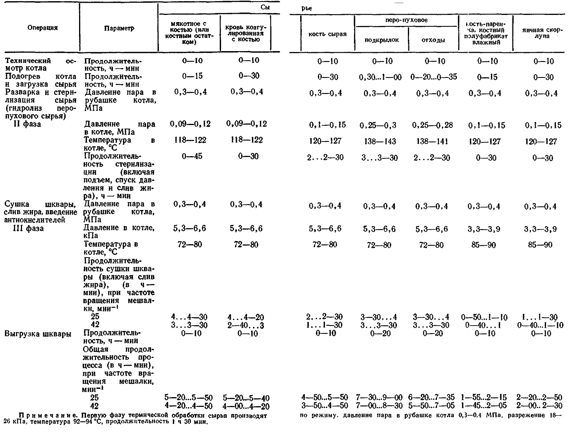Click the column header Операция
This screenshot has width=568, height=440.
42,28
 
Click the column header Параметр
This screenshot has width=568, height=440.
119,28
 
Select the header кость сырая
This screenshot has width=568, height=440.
327,34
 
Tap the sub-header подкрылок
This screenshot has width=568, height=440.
382,40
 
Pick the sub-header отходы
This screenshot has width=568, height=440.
433,40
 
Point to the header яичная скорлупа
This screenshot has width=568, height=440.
542,33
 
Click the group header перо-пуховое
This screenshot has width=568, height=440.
406,20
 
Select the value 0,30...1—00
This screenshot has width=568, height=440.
380,77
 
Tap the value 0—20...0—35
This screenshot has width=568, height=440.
433,77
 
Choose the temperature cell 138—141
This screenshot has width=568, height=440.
432,141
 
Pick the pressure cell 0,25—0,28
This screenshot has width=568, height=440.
432,125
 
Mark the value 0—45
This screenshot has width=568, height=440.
192,156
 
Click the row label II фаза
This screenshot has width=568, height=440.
27,124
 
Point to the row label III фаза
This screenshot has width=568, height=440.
28,228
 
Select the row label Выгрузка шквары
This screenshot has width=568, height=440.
38,334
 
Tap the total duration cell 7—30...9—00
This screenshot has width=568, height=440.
379,398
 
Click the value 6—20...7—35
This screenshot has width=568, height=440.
431,398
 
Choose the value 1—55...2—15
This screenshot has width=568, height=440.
484,398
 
